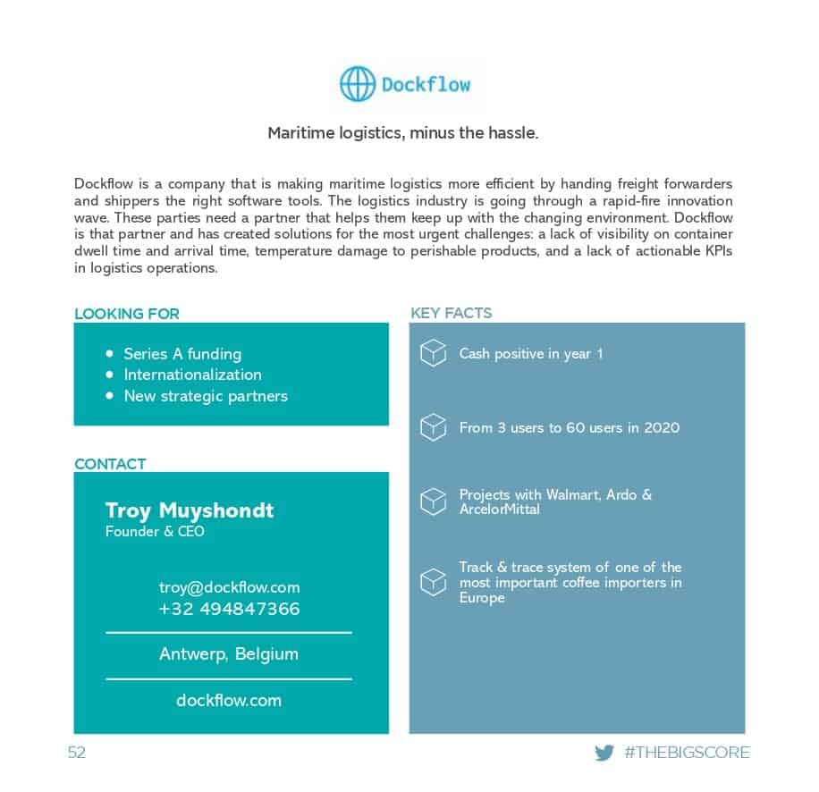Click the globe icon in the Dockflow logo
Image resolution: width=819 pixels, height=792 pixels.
point(358,85)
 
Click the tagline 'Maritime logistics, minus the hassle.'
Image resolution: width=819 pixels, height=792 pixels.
point(403,133)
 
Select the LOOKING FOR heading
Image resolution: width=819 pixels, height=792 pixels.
point(127,314)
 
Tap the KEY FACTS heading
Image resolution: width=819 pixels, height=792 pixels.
point(451,313)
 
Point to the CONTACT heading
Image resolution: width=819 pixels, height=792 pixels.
point(110,464)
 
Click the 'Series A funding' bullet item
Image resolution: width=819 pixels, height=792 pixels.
point(182,354)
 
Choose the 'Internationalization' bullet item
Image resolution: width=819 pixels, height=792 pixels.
point(192,375)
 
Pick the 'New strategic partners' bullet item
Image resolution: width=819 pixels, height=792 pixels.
point(206,396)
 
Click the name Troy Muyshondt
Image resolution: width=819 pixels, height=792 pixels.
point(190,510)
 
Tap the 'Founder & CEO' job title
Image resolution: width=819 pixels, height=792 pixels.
point(155,532)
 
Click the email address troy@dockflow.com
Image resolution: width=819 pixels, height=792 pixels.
point(229,587)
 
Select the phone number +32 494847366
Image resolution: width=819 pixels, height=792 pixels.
point(229,610)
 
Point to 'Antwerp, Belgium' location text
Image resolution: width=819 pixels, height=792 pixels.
point(229,654)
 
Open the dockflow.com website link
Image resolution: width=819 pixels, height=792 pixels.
point(229,701)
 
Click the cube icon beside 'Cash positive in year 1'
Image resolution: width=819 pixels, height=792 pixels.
point(434,353)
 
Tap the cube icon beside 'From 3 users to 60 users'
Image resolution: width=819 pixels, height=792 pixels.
point(434,427)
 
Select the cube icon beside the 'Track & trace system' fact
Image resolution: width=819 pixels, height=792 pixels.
point(434,582)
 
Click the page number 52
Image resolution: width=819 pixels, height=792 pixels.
point(77,753)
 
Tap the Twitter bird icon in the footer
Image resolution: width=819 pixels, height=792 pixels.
point(604,753)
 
